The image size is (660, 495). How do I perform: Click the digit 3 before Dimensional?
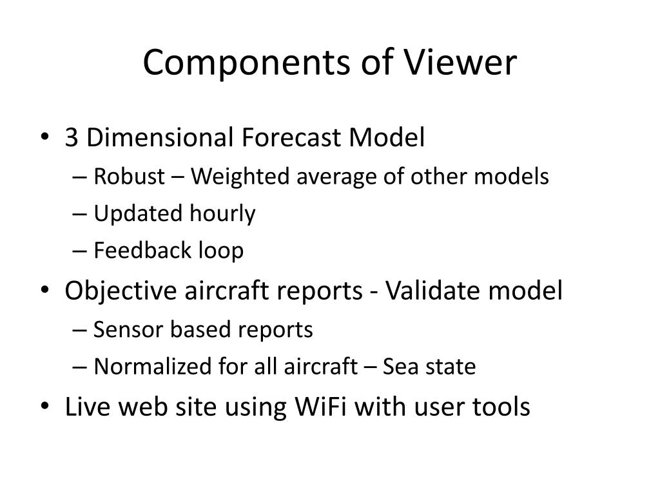72,137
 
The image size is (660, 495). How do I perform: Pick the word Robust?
130,176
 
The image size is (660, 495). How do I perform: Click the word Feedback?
136,251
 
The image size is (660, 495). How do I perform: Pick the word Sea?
399,367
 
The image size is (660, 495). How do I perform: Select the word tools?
501,407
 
